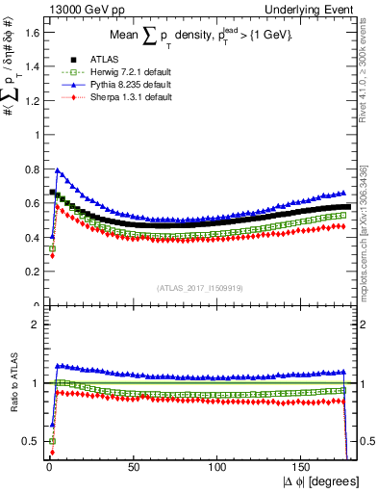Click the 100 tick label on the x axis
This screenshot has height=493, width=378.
pyautogui.click(x=218, y=467)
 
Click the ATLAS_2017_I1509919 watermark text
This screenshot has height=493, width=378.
pyautogui.click(x=198, y=286)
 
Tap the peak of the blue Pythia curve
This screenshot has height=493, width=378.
pyautogui.click(x=58, y=170)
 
